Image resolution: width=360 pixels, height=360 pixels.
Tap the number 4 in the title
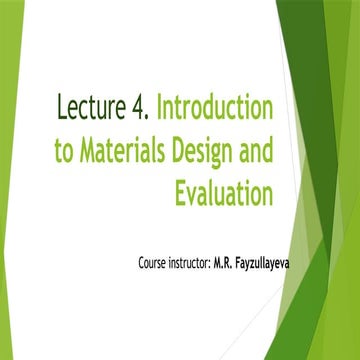tap(142, 107)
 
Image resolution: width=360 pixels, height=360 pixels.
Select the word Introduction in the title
tap(217, 107)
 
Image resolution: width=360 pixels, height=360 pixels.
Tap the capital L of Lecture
tap(64, 107)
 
